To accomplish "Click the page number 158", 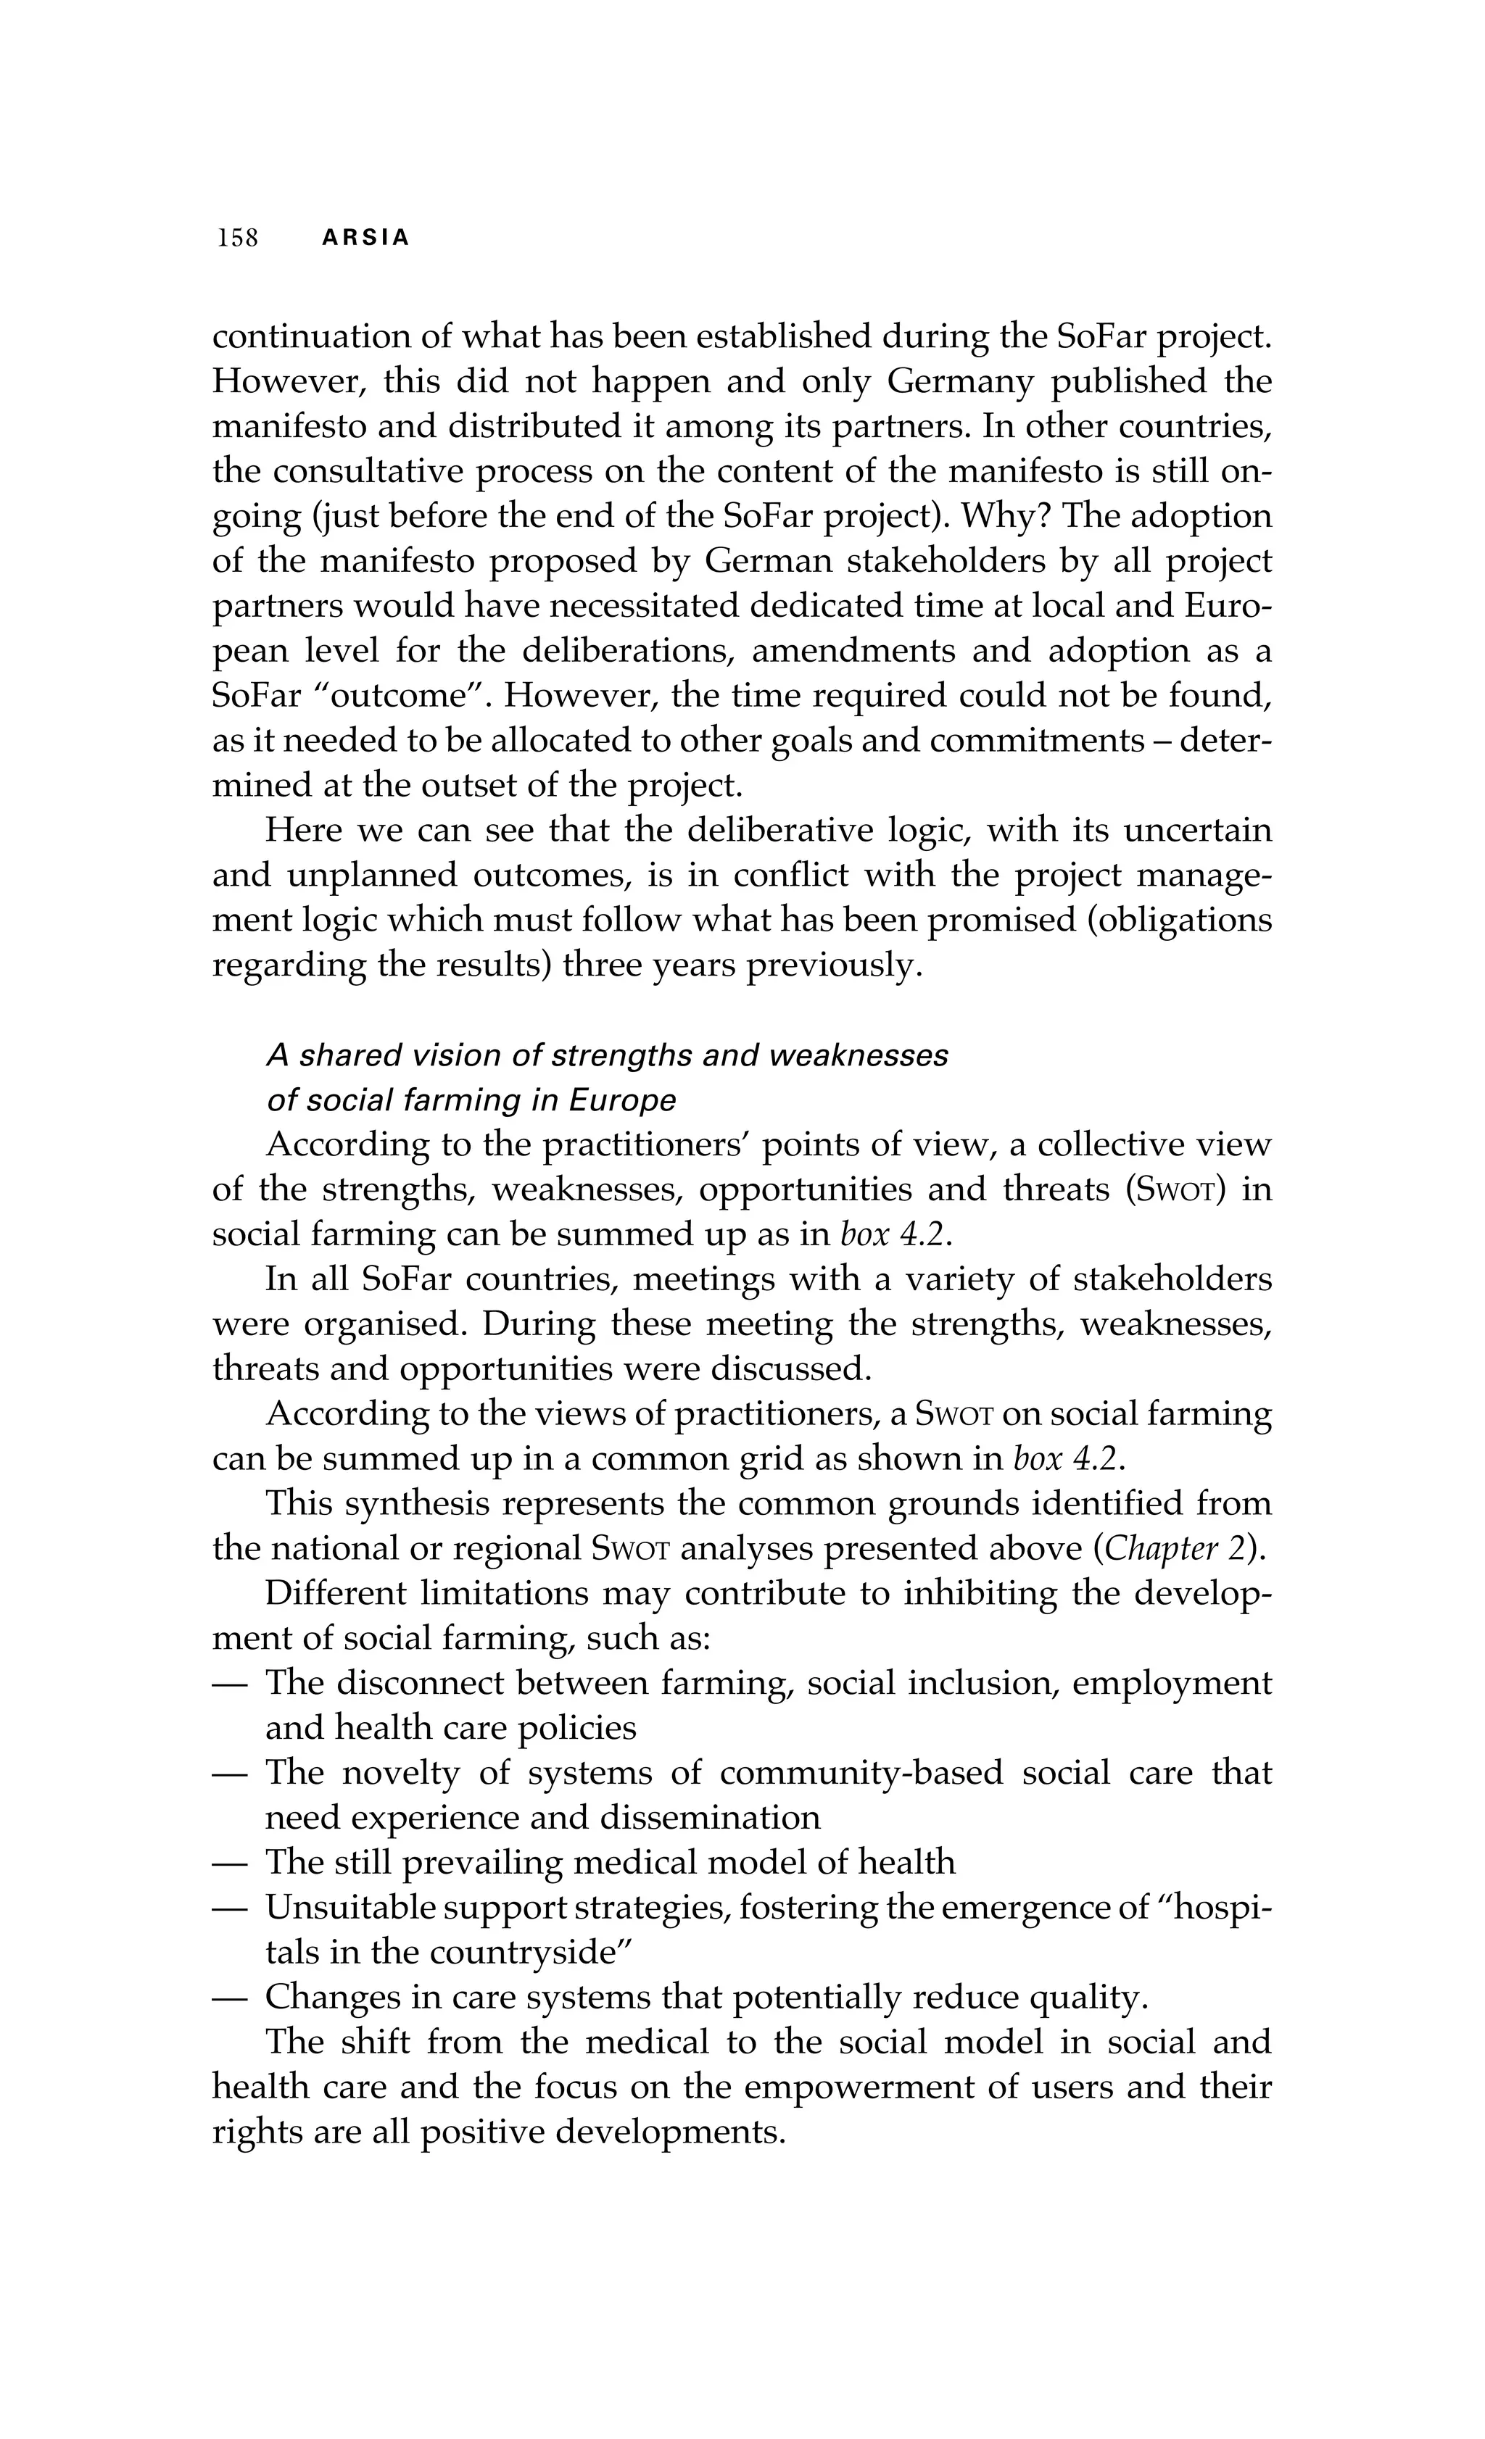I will click(238, 238).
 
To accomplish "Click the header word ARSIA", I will click(365, 238).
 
